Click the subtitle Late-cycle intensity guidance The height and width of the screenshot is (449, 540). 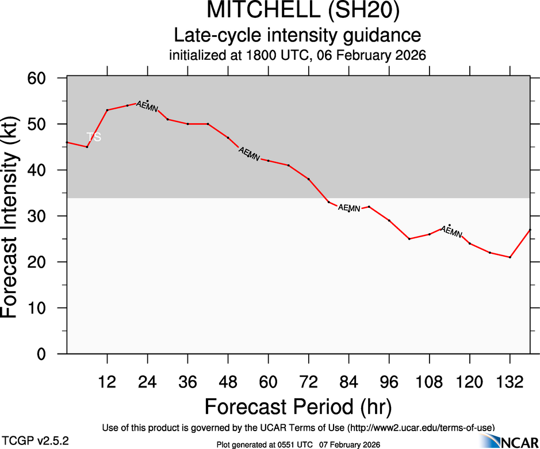point(297,36)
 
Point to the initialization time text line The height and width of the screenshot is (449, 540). point(297,56)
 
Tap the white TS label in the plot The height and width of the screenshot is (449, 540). point(94,137)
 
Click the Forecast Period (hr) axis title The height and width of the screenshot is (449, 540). point(297,406)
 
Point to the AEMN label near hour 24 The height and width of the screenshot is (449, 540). point(147,106)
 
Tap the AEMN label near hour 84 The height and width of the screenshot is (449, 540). point(348,208)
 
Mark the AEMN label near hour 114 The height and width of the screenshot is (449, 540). point(451,231)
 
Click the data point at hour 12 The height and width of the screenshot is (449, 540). point(107,110)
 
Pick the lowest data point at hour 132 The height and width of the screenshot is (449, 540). point(510,257)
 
